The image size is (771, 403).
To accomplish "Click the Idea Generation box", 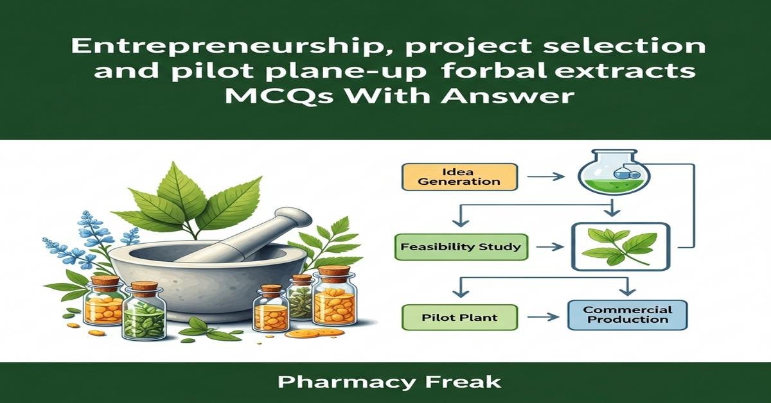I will tap(459, 176).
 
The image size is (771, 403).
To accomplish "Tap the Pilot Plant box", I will tap(459, 316).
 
